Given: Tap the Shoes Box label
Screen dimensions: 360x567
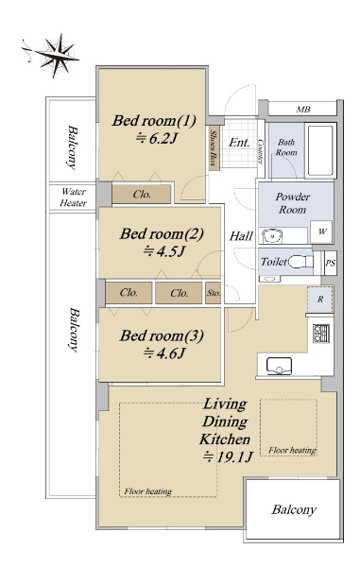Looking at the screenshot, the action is tap(214, 147).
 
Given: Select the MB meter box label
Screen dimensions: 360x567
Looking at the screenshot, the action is tap(303, 109).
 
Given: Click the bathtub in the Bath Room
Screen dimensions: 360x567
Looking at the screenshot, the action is tap(320, 150).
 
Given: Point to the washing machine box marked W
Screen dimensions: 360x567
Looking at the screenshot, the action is tap(321, 232).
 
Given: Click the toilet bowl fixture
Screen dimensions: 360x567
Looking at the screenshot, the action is tap(300, 261).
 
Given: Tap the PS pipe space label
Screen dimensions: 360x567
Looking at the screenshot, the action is tap(331, 263).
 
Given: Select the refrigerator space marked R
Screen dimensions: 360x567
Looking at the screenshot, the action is tap(320, 300).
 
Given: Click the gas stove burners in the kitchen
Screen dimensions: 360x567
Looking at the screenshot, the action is tap(321, 334).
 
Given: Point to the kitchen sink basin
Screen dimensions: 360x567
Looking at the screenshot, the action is tap(279, 366).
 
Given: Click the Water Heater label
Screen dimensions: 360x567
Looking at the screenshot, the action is tap(74, 198).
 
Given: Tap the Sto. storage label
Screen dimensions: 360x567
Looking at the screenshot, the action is tap(214, 293).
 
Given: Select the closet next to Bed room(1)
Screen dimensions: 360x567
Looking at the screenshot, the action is tap(142, 194).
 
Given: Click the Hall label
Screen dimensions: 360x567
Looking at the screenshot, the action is tap(241, 236).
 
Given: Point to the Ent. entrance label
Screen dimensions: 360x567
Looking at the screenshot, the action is tap(239, 142).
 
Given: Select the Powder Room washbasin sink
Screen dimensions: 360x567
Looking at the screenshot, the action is tap(270, 237).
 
